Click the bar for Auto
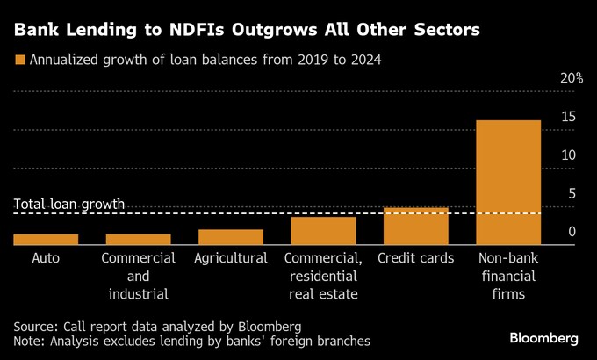(x=46, y=239)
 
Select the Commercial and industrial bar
(x=138, y=239)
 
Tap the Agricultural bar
(x=231, y=236)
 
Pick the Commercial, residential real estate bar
(x=323, y=230)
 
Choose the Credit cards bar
(x=415, y=226)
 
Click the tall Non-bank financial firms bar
(x=507, y=182)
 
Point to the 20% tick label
(x=572, y=78)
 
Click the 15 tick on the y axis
(x=569, y=117)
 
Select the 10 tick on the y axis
(x=569, y=155)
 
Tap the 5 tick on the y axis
(x=572, y=194)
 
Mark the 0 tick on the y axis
(x=572, y=232)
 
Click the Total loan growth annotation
(x=69, y=205)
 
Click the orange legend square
(x=19, y=61)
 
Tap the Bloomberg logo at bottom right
(x=544, y=338)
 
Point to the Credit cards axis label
(x=415, y=258)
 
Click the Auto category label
(x=46, y=258)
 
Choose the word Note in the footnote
(x=30, y=340)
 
